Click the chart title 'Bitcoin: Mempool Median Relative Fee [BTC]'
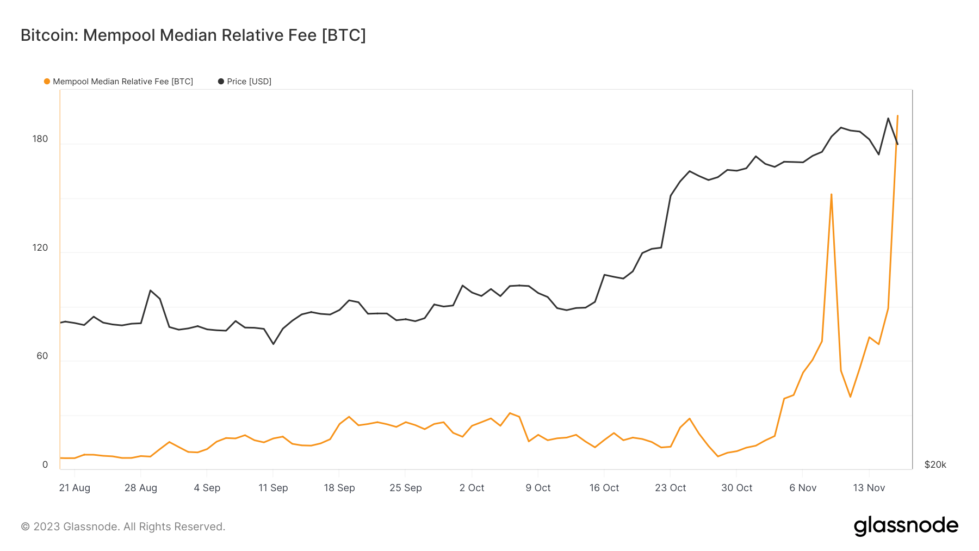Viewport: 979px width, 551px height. click(x=193, y=35)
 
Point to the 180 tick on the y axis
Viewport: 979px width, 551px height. click(x=40, y=139)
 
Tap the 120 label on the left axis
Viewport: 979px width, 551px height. click(x=40, y=247)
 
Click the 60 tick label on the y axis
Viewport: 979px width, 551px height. click(x=42, y=356)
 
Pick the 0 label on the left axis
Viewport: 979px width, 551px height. click(x=45, y=465)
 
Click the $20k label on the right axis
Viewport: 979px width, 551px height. click(x=935, y=465)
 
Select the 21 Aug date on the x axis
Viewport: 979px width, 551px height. click(x=75, y=488)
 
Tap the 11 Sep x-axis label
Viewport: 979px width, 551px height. click(x=273, y=488)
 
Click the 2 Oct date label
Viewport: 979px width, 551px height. click(x=472, y=488)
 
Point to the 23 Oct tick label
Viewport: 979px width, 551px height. click(x=670, y=488)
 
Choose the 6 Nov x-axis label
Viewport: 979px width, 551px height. click(x=803, y=488)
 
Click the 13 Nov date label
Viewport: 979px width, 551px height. click(x=869, y=488)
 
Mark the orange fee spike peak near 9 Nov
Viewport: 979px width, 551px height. click(x=832, y=194)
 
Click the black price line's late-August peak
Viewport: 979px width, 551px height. click(x=150, y=290)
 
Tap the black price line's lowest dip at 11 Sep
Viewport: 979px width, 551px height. click(x=273, y=344)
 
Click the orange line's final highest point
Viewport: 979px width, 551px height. click(x=897, y=115)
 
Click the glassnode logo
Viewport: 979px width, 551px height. click(x=906, y=526)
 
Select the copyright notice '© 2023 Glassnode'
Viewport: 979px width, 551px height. click(x=123, y=527)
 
